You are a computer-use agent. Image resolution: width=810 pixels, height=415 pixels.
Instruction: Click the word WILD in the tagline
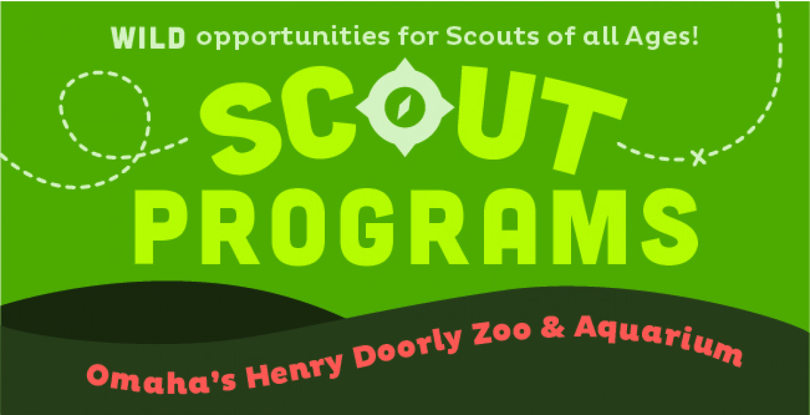148,39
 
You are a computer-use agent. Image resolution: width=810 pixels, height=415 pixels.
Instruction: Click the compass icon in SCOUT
405,107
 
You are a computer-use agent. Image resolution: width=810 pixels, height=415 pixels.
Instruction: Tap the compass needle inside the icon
404,107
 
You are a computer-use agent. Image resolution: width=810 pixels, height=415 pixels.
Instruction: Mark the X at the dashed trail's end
699,157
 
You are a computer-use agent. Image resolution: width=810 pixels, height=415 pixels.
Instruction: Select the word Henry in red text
292,363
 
